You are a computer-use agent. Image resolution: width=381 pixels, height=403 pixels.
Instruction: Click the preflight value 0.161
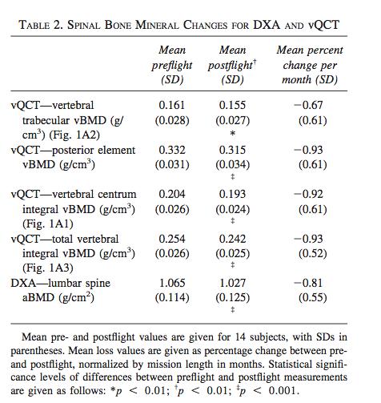click(x=172, y=105)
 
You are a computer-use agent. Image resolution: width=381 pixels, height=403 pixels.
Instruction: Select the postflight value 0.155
click(x=232, y=105)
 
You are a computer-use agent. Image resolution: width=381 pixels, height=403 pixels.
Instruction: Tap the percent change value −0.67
click(x=308, y=105)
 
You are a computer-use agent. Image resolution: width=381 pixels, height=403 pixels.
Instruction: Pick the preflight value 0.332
click(x=172, y=150)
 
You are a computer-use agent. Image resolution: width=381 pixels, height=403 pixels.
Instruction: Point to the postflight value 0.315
click(x=232, y=150)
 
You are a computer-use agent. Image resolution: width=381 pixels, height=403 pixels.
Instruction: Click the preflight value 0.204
click(x=172, y=194)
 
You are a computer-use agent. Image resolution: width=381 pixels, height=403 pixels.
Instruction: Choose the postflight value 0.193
click(x=232, y=194)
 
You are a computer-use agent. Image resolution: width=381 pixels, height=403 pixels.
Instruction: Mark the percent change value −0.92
click(x=308, y=194)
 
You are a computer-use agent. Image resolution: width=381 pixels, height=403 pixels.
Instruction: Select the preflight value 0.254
click(x=172, y=239)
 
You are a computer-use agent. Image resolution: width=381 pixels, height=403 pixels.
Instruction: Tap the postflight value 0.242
click(x=232, y=239)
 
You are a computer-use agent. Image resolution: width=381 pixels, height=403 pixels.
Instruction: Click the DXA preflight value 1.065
click(x=172, y=283)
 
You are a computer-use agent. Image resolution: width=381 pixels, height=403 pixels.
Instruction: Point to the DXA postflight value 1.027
click(x=232, y=283)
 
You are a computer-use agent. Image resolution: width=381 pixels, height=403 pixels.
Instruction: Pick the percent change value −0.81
click(x=308, y=283)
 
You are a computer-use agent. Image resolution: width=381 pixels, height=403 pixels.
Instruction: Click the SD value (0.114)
click(x=172, y=297)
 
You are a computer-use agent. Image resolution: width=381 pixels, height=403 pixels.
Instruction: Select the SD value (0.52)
click(x=313, y=253)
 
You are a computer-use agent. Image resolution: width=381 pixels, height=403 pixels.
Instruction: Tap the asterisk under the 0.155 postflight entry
click(x=233, y=133)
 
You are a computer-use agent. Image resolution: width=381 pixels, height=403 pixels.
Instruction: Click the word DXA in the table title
click(x=267, y=25)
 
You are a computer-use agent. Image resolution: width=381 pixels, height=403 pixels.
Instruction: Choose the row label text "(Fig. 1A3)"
click(x=48, y=268)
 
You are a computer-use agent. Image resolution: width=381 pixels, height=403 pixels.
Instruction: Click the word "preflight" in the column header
click(x=172, y=66)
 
